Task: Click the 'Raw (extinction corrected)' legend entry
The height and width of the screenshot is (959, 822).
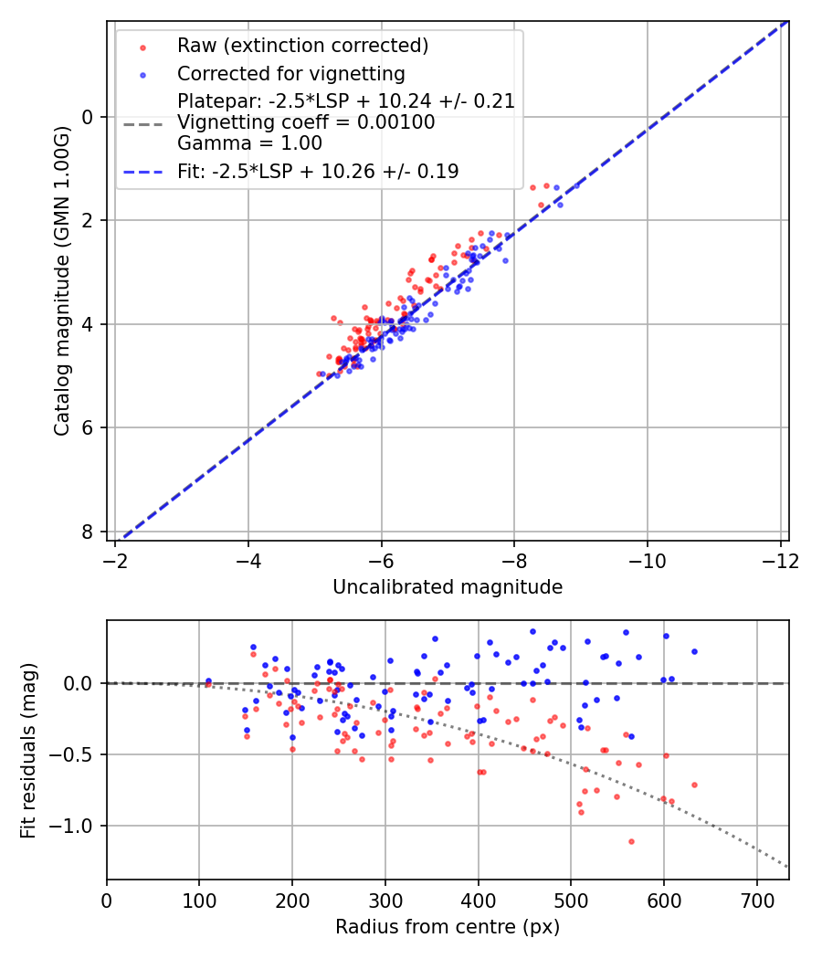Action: pos(302,46)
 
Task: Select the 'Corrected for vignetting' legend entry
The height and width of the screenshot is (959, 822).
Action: pos(290,73)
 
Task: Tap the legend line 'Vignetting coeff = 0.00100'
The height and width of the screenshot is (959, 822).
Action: pos(306,122)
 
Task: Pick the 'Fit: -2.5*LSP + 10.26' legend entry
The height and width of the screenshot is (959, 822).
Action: pos(318,171)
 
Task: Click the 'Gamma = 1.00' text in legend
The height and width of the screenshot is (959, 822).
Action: pos(249,143)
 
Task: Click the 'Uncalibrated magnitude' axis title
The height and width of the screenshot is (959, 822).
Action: pos(448,587)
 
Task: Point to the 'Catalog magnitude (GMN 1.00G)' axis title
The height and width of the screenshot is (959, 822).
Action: pos(61,281)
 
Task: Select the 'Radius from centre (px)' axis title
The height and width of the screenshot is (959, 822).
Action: pos(448,927)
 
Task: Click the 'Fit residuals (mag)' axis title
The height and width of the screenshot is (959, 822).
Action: pos(28,750)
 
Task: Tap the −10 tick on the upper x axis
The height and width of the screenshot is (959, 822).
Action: pos(647,560)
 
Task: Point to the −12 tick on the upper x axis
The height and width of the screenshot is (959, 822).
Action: pos(780,560)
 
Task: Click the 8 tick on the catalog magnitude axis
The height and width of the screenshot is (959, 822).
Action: pos(89,532)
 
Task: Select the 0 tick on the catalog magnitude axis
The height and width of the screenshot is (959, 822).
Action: pos(89,117)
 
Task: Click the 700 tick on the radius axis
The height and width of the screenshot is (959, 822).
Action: pos(756,900)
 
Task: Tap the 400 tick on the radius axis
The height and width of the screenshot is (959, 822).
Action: pos(478,900)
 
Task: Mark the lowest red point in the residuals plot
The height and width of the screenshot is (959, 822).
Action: pos(631,841)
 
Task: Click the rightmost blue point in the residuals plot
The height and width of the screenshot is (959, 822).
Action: pos(694,651)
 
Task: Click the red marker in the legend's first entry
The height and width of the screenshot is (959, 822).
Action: pos(142,46)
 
